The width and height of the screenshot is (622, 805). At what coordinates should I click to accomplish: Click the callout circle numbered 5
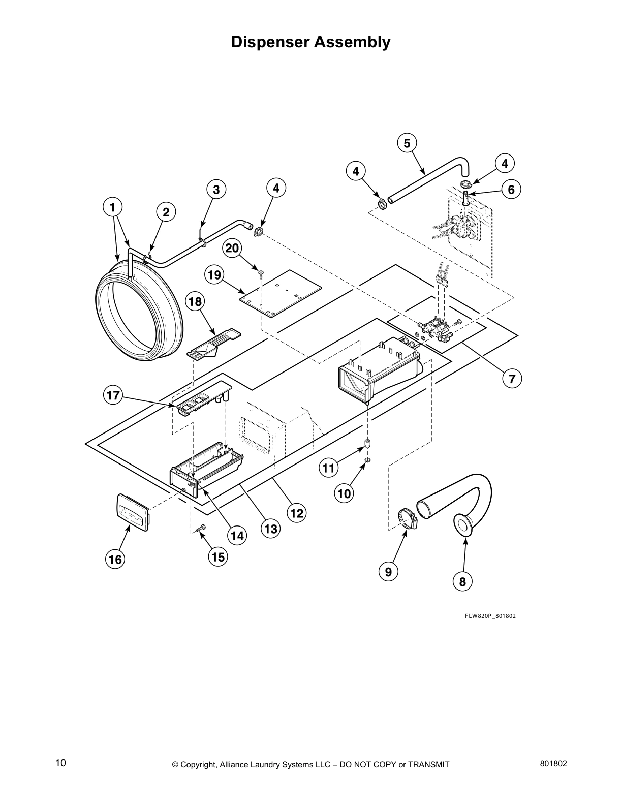[407, 143]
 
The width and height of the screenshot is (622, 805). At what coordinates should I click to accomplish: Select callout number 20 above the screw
[232, 248]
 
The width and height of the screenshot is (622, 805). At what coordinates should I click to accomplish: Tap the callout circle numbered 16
[115, 559]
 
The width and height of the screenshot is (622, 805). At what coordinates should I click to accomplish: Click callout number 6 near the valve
[511, 190]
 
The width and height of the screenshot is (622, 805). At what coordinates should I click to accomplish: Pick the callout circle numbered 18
[195, 302]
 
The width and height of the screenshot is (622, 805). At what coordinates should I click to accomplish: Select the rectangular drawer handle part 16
[133, 512]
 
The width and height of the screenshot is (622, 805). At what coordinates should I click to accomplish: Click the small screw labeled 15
[201, 528]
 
